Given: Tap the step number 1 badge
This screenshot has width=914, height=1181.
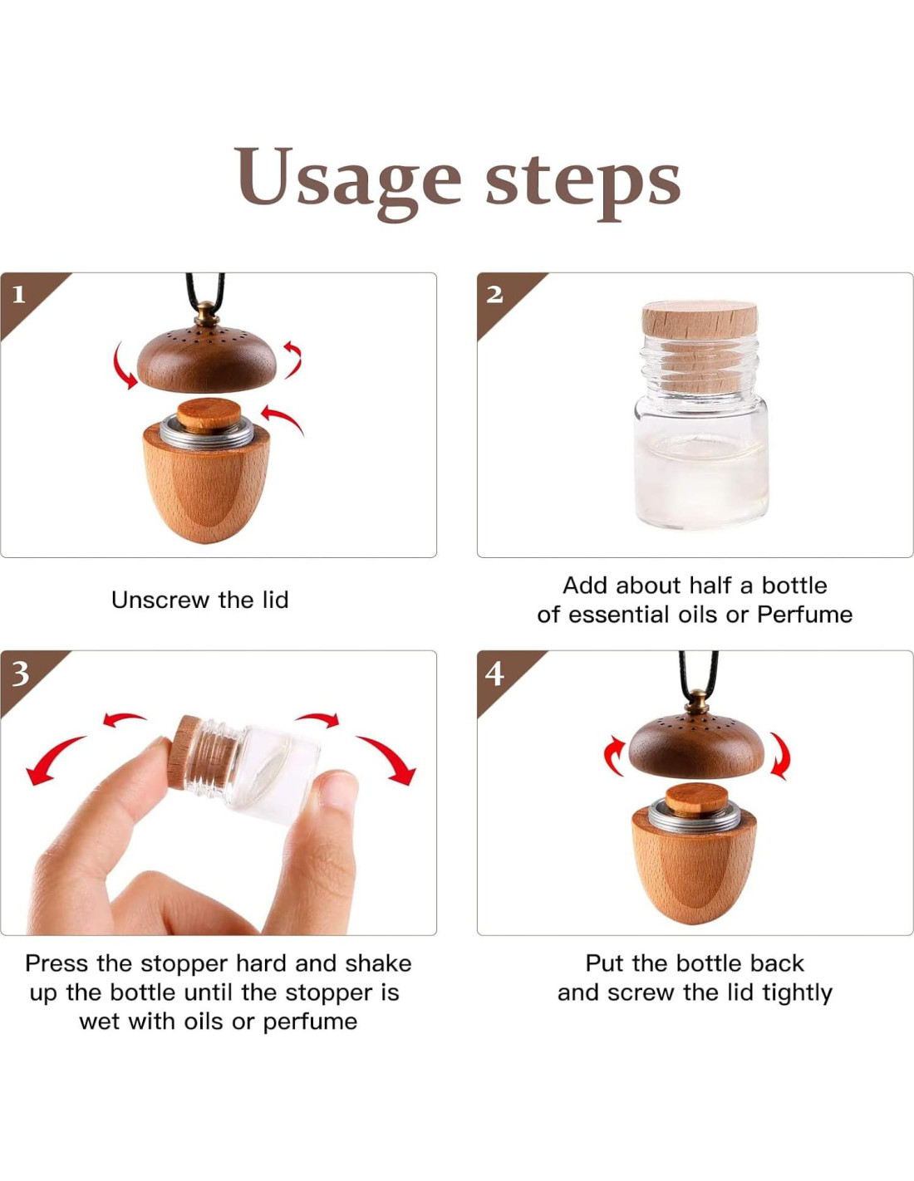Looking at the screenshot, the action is click(x=20, y=295).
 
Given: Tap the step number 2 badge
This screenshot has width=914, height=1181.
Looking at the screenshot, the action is click(x=494, y=295).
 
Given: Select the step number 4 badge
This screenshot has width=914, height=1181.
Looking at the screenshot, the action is click(x=494, y=674).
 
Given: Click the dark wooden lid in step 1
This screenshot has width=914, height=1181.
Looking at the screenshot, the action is click(x=207, y=360).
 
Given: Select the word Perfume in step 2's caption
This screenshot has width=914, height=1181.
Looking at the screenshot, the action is click(x=804, y=615).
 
